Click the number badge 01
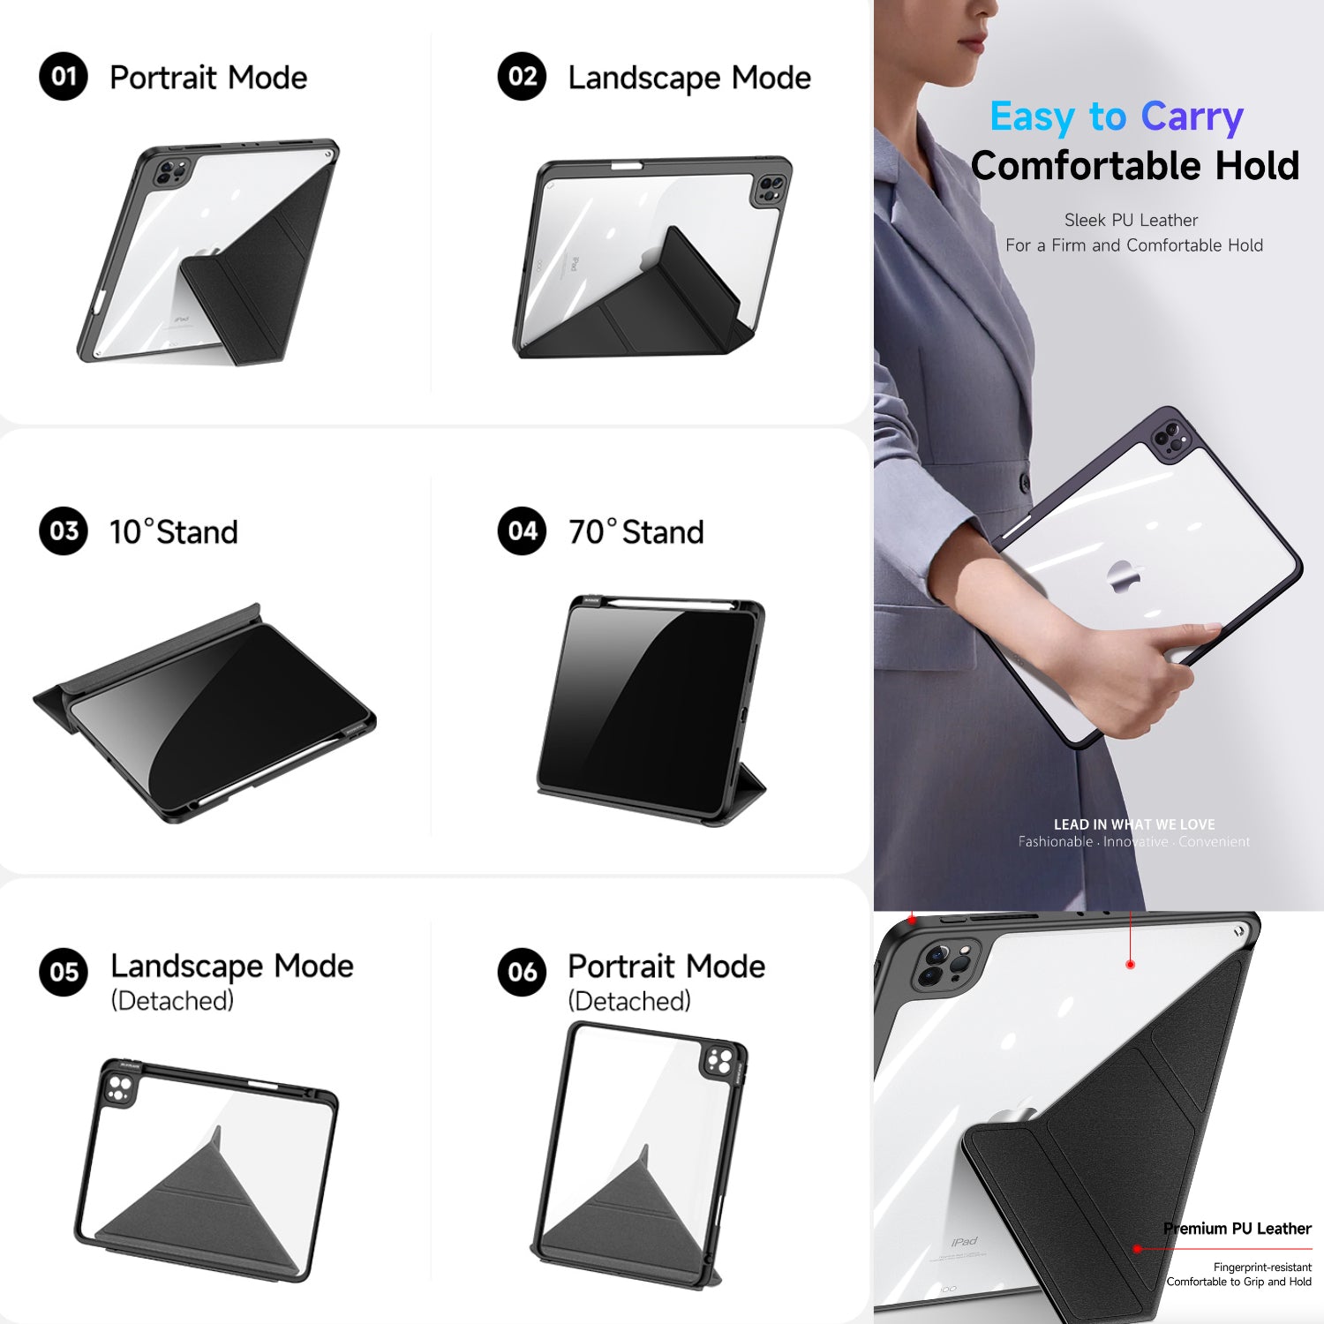[x=64, y=77]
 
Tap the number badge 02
[x=522, y=77]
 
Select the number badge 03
[x=64, y=531]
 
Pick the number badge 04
[x=522, y=531]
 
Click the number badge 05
[x=64, y=972]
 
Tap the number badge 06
[x=522, y=972]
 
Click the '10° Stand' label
[x=174, y=532]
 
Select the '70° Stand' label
[x=636, y=532]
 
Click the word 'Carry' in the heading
[x=1192, y=117]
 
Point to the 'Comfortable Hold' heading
[x=1134, y=166]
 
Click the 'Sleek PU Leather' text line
[x=1131, y=220]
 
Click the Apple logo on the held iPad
[x=1125, y=577]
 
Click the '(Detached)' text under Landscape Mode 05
[x=172, y=1001]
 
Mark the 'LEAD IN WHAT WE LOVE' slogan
[x=1134, y=824]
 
